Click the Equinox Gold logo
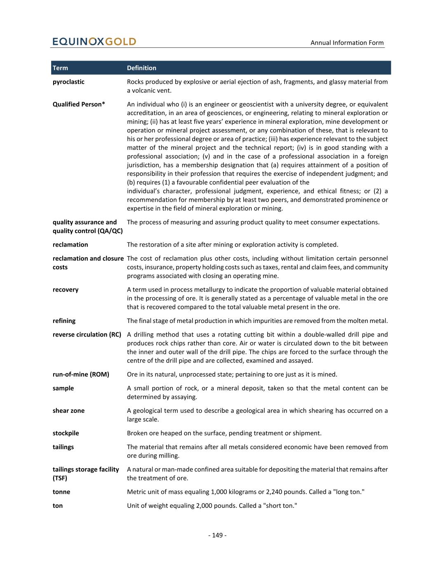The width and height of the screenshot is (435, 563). tap(94, 42)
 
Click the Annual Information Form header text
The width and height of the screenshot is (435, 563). tap(347, 42)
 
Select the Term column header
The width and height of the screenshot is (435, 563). tap(60, 68)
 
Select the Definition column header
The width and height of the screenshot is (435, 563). tap(141, 68)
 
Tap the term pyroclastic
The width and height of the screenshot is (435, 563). tap(68, 82)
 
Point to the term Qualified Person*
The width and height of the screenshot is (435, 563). tap(79, 104)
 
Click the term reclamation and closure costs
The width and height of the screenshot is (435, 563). tap(88, 263)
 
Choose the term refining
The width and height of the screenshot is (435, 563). tap(64, 320)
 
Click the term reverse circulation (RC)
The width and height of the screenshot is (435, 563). tap(87, 335)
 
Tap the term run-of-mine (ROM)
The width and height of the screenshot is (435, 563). tap(81, 375)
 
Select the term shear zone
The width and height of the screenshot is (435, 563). tap(68, 411)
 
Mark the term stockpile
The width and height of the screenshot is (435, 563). tap(66, 433)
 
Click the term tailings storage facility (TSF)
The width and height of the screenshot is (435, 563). tap(86, 473)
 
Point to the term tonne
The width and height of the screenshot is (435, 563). tap(61, 492)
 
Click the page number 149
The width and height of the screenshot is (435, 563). tap(217, 535)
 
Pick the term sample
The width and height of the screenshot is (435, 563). tap(63, 388)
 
